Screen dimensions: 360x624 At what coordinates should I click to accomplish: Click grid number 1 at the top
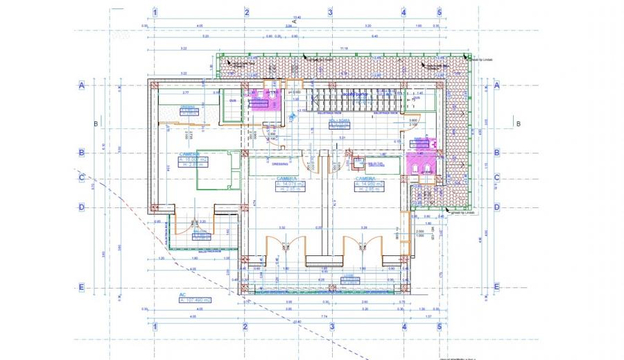click(155, 12)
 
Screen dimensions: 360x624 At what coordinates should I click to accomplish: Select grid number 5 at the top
click(439, 12)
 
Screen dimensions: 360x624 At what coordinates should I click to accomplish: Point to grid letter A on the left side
click(81, 85)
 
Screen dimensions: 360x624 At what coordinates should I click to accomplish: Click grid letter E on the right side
click(496, 286)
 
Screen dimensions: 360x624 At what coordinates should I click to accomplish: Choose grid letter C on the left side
click(81, 178)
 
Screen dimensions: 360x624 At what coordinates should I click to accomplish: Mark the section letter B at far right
click(517, 124)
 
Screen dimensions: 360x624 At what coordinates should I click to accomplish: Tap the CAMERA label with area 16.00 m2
click(189, 155)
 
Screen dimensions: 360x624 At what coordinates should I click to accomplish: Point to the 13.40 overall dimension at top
click(297, 17)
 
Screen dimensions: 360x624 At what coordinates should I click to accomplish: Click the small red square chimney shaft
click(358, 164)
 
